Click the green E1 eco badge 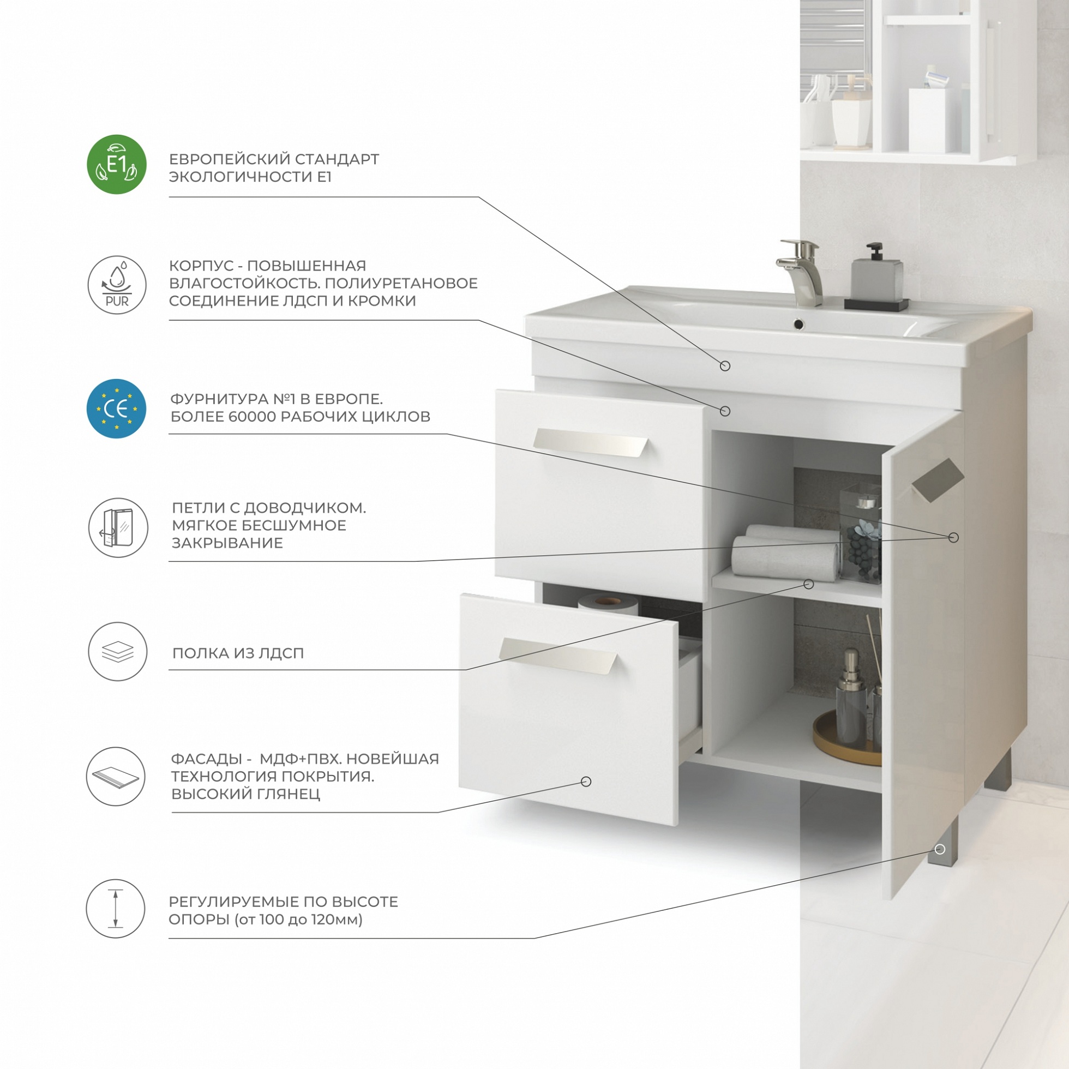tap(117, 164)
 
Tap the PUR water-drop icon tap(117, 285)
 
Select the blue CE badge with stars tap(117, 409)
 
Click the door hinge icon tap(118, 528)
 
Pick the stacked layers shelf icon tap(118, 651)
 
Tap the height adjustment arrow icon tap(116, 909)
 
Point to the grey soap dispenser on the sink tap(876, 277)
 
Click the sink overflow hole tap(798, 324)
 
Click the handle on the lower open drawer tap(558, 656)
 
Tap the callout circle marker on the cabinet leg tap(940, 849)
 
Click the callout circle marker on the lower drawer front tap(586, 781)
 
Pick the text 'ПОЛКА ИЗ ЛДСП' tap(238, 653)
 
